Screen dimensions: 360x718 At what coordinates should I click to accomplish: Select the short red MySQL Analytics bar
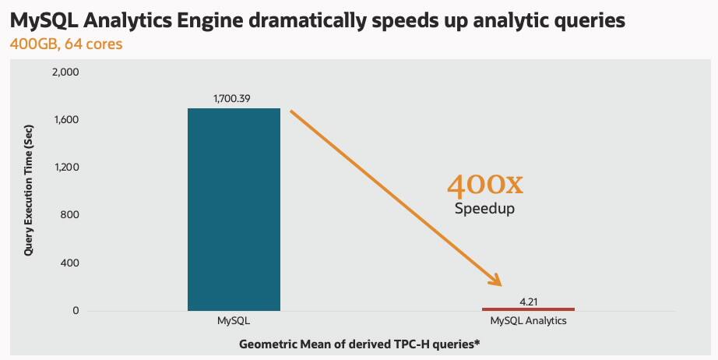[x=528, y=309]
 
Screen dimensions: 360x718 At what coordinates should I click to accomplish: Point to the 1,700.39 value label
[x=234, y=99]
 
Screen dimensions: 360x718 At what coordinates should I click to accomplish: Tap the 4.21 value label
[x=528, y=300]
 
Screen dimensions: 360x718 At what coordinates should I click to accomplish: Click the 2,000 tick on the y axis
[x=65, y=72]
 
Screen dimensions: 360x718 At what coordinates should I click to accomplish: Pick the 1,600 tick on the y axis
[x=66, y=120]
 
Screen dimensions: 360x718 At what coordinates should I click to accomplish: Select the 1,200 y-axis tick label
[x=66, y=168]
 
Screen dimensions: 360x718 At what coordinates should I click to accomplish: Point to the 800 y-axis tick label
[x=70, y=216]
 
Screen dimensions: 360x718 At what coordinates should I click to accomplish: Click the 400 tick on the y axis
[x=70, y=263]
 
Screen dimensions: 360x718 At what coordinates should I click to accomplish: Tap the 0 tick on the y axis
[x=76, y=312]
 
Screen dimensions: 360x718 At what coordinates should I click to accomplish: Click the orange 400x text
[x=484, y=185]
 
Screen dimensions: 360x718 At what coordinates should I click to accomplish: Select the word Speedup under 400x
[x=484, y=209]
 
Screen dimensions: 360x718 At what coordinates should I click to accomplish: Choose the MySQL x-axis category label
[x=234, y=321]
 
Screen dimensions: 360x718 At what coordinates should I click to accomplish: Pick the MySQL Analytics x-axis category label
[x=528, y=321]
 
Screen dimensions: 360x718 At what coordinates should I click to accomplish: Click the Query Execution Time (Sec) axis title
[x=28, y=191]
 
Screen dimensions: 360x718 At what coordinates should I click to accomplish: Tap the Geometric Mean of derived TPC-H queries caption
[x=358, y=344]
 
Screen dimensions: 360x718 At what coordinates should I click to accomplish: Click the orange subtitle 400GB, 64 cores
[x=65, y=44]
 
